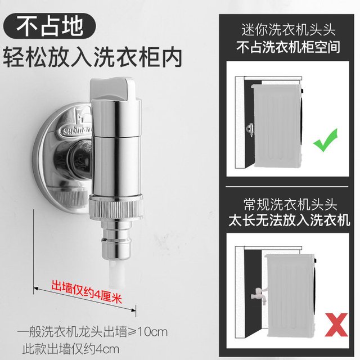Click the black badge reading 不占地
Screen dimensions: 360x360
point(49,26)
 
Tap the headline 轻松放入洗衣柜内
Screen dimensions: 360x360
point(93,57)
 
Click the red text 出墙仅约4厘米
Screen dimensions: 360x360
point(87,291)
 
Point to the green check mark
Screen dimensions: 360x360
point(325,140)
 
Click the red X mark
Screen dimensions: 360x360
point(336,325)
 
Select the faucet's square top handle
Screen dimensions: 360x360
point(112,89)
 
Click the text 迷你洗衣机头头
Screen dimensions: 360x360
point(289,30)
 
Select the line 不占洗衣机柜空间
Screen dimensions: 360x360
point(288,47)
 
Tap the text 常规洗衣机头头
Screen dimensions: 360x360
point(290,204)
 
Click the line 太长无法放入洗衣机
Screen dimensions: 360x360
point(289,220)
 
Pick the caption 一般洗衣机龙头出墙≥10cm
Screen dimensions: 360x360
point(92,332)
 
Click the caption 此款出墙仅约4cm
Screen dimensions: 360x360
point(71,349)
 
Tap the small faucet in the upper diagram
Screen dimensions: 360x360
point(250,130)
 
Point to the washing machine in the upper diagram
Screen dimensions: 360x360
point(277,126)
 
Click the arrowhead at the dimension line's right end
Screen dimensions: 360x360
point(134,310)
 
